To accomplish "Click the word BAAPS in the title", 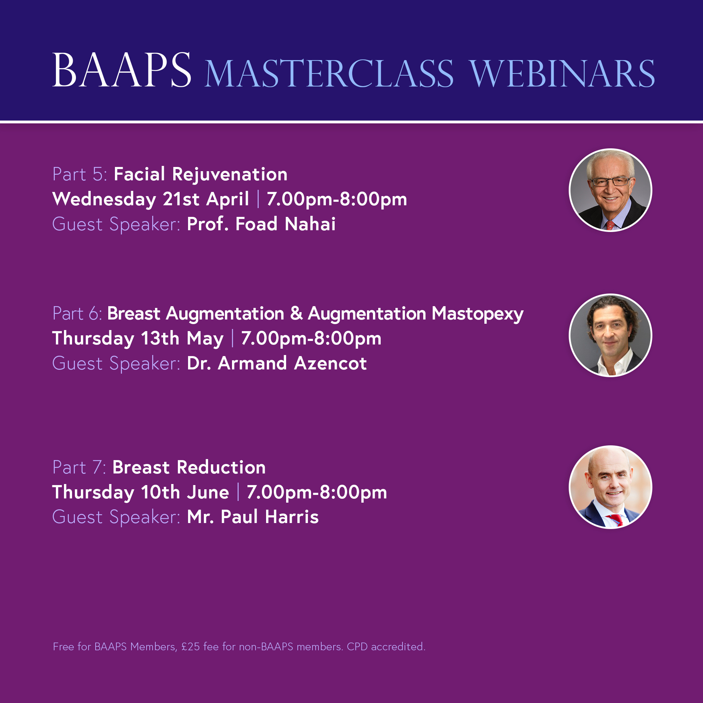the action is pyautogui.click(x=122, y=70).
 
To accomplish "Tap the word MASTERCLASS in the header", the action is pyautogui.click(x=329, y=74).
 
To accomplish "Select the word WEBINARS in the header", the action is pyautogui.click(x=562, y=74).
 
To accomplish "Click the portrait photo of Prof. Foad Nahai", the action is pyautogui.click(x=610, y=190).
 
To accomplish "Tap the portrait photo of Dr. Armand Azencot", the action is pyautogui.click(x=610, y=335).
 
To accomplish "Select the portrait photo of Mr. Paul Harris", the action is pyautogui.click(x=610, y=487).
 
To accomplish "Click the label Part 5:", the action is pyautogui.click(x=80, y=174).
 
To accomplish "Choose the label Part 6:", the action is pyautogui.click(x=77, y=313).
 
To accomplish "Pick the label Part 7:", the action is pyautogui.click(x=79, y=467).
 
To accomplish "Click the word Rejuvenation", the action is pyautogui.click(x=230, y=175).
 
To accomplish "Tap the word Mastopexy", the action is pyautogui.click(x=477, y=314).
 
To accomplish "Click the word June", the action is pyautogui.click(x=208, y=492).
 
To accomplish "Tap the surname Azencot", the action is pyautogui.click(x=330, y=363).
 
